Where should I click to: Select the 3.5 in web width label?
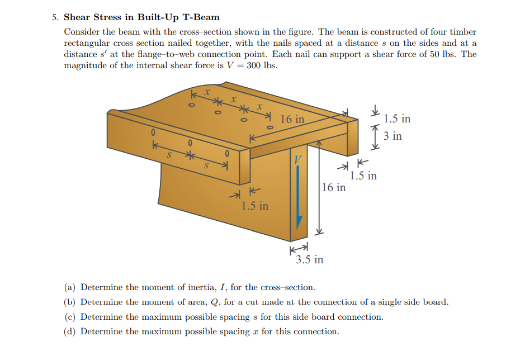309,259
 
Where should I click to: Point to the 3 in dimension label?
392,136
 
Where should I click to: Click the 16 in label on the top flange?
292,119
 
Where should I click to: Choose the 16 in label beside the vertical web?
334,187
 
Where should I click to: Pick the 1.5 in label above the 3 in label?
397,119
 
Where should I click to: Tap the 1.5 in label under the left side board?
254,206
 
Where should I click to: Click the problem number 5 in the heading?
55,17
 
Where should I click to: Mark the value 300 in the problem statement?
255,65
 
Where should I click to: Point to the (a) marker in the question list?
70,287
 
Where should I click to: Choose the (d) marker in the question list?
70,331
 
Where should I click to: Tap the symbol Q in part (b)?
219,302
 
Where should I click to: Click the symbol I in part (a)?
222,287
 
